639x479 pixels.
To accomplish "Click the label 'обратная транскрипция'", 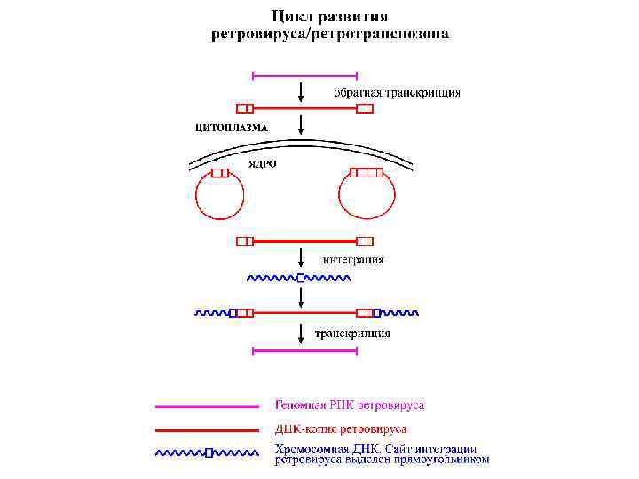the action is coord(397,92).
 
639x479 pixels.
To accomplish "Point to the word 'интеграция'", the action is coord(353,260).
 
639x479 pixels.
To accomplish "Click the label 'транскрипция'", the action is coord(352,334).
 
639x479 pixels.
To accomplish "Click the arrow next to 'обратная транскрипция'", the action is coord(303,91).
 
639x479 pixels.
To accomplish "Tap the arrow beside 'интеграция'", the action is coord(303,258).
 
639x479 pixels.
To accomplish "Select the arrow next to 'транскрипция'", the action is coord(303,334).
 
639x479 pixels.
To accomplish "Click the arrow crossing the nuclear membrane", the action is coord(303,125).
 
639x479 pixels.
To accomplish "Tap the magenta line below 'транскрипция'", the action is coord(304,351).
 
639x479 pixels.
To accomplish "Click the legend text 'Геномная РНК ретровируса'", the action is coord(349,405).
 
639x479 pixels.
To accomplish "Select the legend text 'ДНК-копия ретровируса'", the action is coord(341,429).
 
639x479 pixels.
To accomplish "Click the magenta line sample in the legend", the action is coord(208,407).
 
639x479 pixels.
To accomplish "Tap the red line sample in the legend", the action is coord(208,430).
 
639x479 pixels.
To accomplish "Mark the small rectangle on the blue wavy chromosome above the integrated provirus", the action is coord(301,278).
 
